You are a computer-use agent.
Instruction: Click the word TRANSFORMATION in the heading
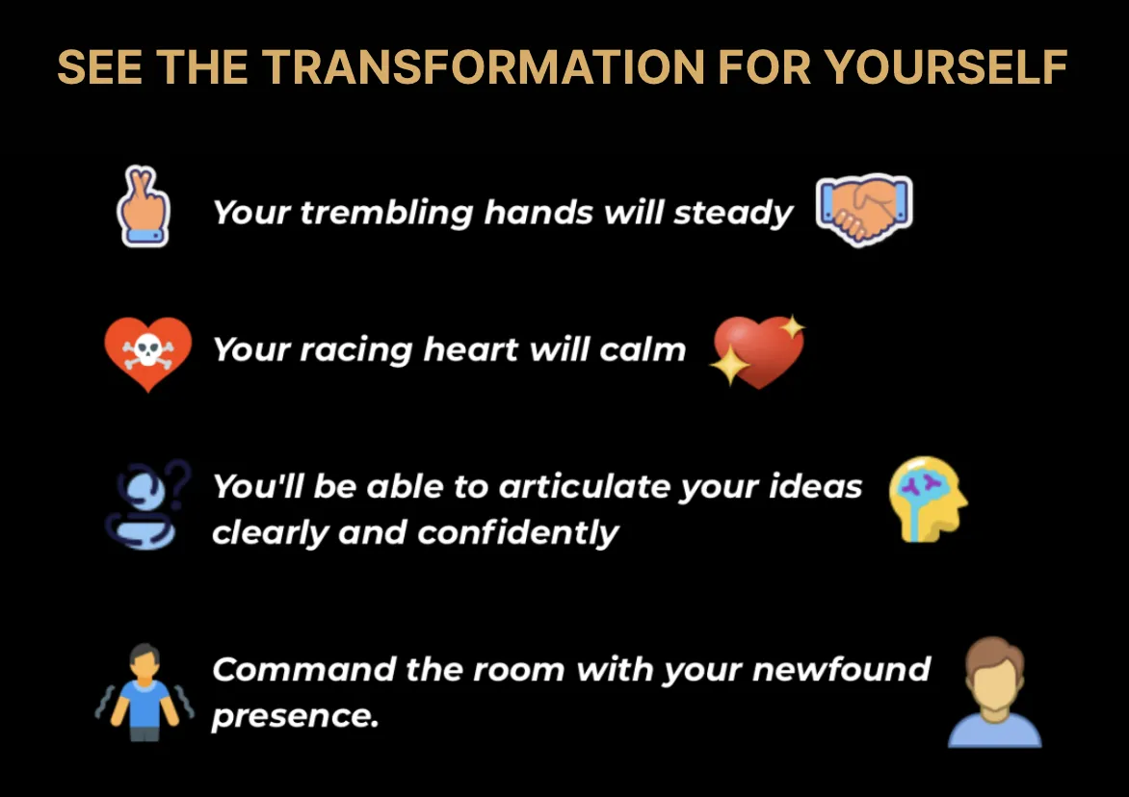click(x=484, y=67)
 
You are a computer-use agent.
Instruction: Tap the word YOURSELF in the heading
click(x=945, y=67)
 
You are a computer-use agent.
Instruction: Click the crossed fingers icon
click(x=144, y=206)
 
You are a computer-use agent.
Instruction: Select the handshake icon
click(x=864, y=209)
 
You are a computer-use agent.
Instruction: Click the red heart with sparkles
click(x=757, y=351)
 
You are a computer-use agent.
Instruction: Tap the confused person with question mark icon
click(x=148, y=505)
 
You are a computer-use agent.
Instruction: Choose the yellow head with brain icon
click(x=928, y=499)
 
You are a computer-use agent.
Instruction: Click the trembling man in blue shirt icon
click(x=144, y=692)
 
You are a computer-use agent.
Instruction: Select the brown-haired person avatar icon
click(x=994, y=692)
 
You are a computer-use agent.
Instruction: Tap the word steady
click(x=733, y=213)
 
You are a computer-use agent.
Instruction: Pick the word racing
click(x=355, y=350)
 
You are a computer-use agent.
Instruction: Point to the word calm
click(x=643, y=349)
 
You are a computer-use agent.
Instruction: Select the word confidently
click(x=517, y=533)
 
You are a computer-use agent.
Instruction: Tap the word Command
click(x=303, y=670)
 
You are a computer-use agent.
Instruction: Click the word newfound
click(x=841, y=670)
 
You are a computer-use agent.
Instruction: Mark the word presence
click(x=295, y=716)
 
